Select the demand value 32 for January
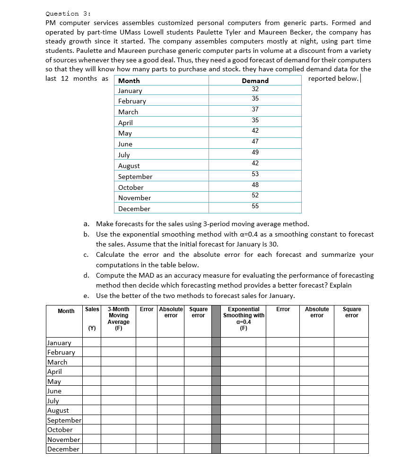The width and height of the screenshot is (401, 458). [255, 89]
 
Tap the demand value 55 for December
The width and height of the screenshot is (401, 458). [255, 206]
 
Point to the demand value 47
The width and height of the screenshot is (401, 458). [255, 141]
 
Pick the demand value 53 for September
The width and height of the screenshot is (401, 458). [255, 174]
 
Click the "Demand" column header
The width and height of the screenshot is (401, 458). [255, 81]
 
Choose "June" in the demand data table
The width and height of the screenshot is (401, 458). [125, 144]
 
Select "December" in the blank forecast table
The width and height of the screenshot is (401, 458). [63, 449]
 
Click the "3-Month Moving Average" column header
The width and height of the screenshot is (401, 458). [118, 315]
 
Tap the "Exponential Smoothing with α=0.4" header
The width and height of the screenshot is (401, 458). [244, 315]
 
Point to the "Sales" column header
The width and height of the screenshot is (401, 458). [92, 309]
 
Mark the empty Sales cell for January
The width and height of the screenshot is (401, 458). [92, 343]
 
